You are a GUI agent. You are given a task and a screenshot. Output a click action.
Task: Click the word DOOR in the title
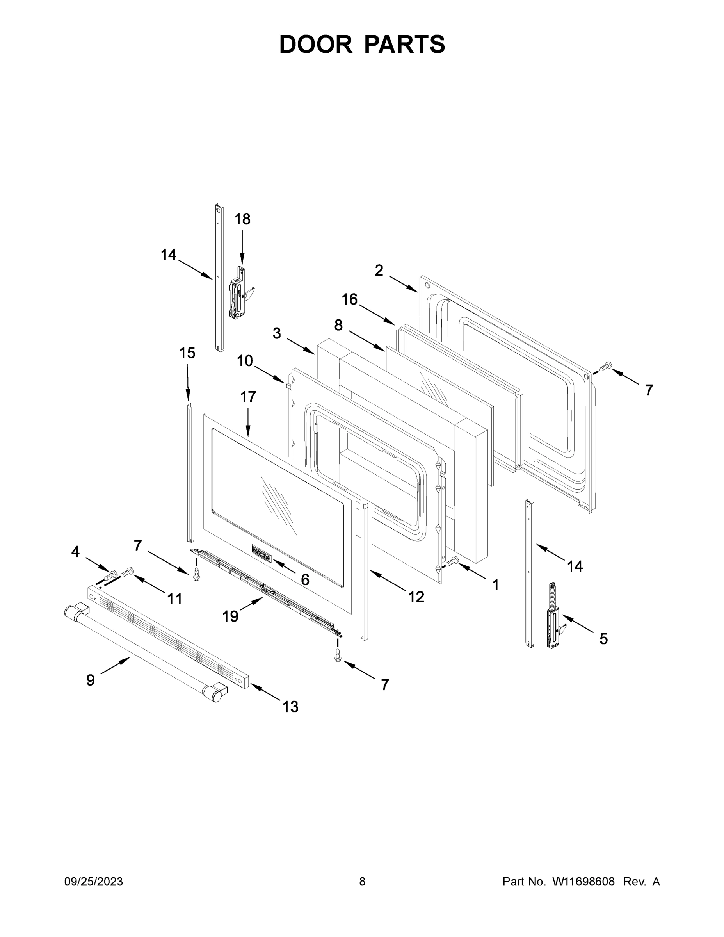pos(315,44)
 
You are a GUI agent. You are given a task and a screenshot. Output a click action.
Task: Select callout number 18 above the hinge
pos(242,219)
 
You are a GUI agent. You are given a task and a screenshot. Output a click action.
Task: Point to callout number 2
pos(379,270)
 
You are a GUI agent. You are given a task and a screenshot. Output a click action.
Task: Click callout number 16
pos(350,299)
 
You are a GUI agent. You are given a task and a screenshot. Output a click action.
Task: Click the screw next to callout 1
pos(452,561)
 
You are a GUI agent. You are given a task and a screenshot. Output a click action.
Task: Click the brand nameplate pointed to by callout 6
pos(261,559)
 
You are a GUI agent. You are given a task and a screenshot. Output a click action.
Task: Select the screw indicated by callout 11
pos(128,572)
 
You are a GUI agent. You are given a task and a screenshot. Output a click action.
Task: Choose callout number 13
pos(290,707)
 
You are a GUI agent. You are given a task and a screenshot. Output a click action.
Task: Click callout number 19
pos(230,616)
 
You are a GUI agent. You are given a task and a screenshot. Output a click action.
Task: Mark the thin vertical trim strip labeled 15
pos(189,472)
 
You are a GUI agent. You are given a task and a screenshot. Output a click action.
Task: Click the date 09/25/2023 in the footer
pos(94,882)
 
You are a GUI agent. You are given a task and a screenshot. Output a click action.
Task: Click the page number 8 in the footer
pos(362,882)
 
